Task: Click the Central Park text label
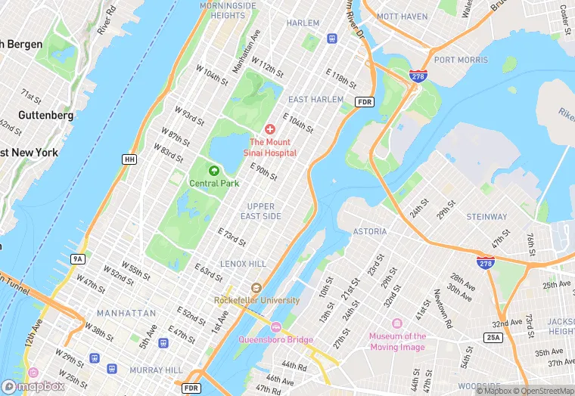coord(214,183)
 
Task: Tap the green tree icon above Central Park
coord(214,171)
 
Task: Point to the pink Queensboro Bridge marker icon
coord(275,327)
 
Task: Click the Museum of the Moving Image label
coord(397,342)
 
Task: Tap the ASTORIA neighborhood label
coord(369,231)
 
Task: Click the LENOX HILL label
coord(243,264)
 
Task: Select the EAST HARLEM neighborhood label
coord(315,100)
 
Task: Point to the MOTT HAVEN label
coord(402,15)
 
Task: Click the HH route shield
coord(129,159)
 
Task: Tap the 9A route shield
coord(77,259)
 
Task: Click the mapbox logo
coord(34,385)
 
